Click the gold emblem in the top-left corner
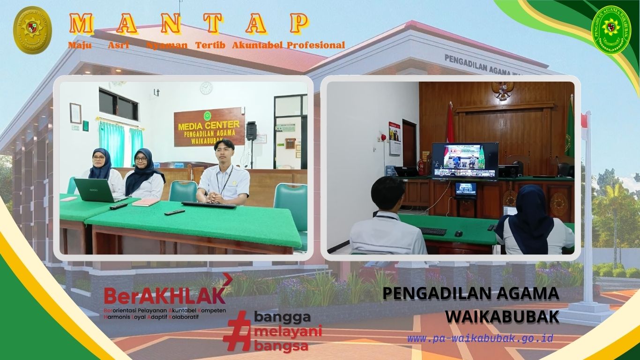(x=32, y=30)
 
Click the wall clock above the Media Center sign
(x=206, y=88)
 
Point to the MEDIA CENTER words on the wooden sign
(x=208, y=126)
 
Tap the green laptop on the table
(x=94, y=189)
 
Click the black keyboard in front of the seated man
(x=208, y=205)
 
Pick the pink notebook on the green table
(x=146, y=202)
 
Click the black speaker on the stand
(x=251, y=131)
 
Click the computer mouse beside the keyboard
(x=458, y=233)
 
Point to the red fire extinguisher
(x=421, y=166)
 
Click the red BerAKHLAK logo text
(x=164, y=295)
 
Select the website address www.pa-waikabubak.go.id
(x=480, y=338)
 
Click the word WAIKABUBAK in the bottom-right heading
(x=502, y=317)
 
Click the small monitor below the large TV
(x=465, y=189)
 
